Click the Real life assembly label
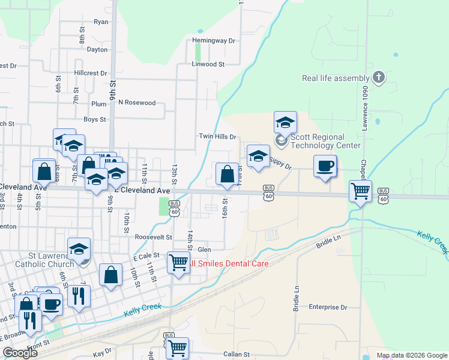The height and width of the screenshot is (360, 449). click(335, 78)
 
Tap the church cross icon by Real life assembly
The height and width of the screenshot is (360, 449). click(378, 77)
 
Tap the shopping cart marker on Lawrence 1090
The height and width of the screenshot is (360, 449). click(360, 191)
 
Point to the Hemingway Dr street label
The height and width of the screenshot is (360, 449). click(214, 41)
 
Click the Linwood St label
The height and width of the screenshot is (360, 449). click(208, 64)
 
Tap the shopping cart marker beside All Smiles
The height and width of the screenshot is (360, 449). click(178, 262)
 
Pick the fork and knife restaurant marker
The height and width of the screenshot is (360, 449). click(79, 296)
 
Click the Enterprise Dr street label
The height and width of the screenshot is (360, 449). click(328, 307)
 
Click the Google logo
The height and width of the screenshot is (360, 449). click(19, 353)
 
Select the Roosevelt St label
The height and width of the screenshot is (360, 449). click(153, 237)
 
